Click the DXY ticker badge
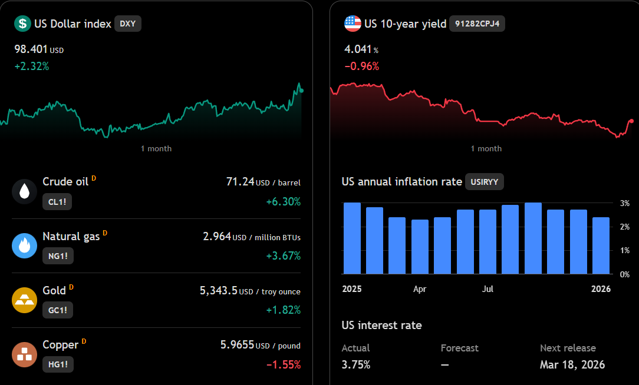click(127, 24)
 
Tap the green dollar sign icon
click(22, 24)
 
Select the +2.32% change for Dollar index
click(32, 67)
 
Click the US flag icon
click(353, 24)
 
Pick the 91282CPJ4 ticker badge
click(477, 24)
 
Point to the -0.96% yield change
click(362, 67)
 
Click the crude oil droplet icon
click(24, 191)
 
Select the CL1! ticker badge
click(57, 202)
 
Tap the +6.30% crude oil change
click(283, 202)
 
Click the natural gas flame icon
click(24, 245)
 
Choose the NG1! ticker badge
click(58, 256)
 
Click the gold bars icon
click(24, 300)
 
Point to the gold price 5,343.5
click(219, 291)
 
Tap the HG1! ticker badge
click(58, 364)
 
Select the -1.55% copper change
click(284, 364)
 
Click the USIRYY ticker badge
click(485, 182)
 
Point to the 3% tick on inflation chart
click(625, 203)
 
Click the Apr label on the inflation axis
click(420, 289)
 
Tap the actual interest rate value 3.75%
click(356, 364)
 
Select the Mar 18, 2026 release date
click(572, 364)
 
